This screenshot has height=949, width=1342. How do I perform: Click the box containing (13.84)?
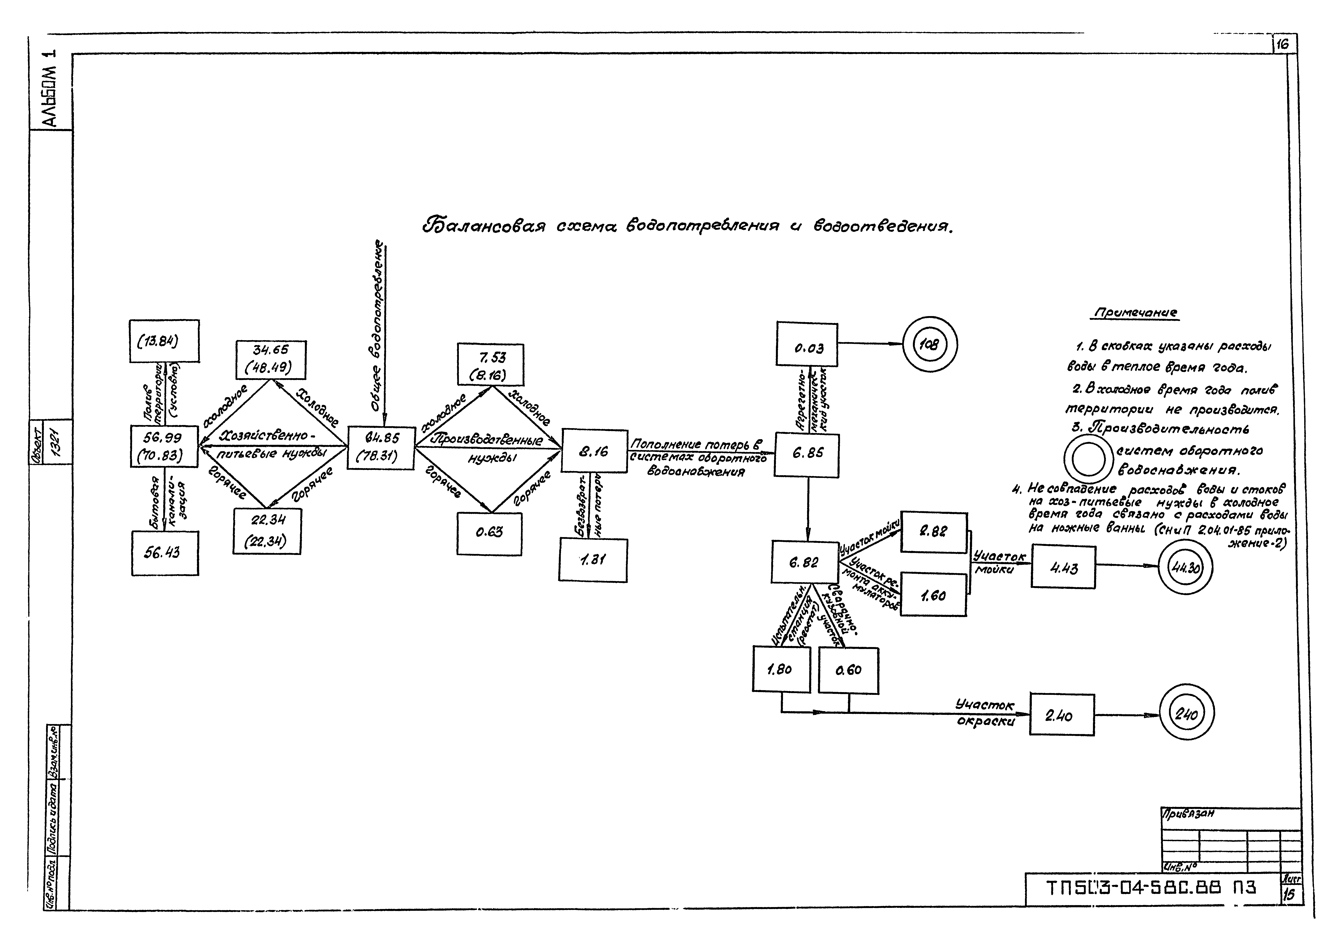(x=164, y=341)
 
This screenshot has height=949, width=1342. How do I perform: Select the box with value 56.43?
(x=165, y=553)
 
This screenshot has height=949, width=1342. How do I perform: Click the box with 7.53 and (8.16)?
(x=490, y=365)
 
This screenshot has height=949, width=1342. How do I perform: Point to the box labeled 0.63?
(x=489, y=534)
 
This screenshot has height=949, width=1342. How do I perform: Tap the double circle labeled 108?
(x=929, y=345)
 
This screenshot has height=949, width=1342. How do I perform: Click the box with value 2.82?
(x=933, y=532)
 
